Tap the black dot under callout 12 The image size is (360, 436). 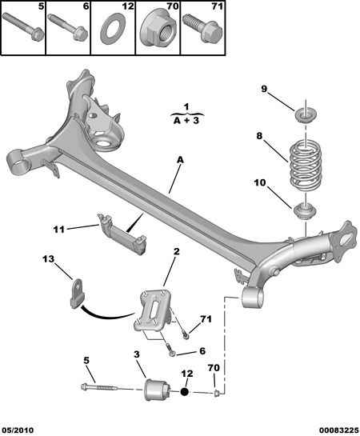click(184, 392)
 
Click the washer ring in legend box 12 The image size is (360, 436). click(113, 29)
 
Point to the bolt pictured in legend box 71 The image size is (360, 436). click(202, 28)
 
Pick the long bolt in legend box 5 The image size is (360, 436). click(23, 26)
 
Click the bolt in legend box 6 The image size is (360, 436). click(68, 26)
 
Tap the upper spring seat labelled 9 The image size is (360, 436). click(305, 116)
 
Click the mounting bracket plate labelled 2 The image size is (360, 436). click(154, 310)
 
